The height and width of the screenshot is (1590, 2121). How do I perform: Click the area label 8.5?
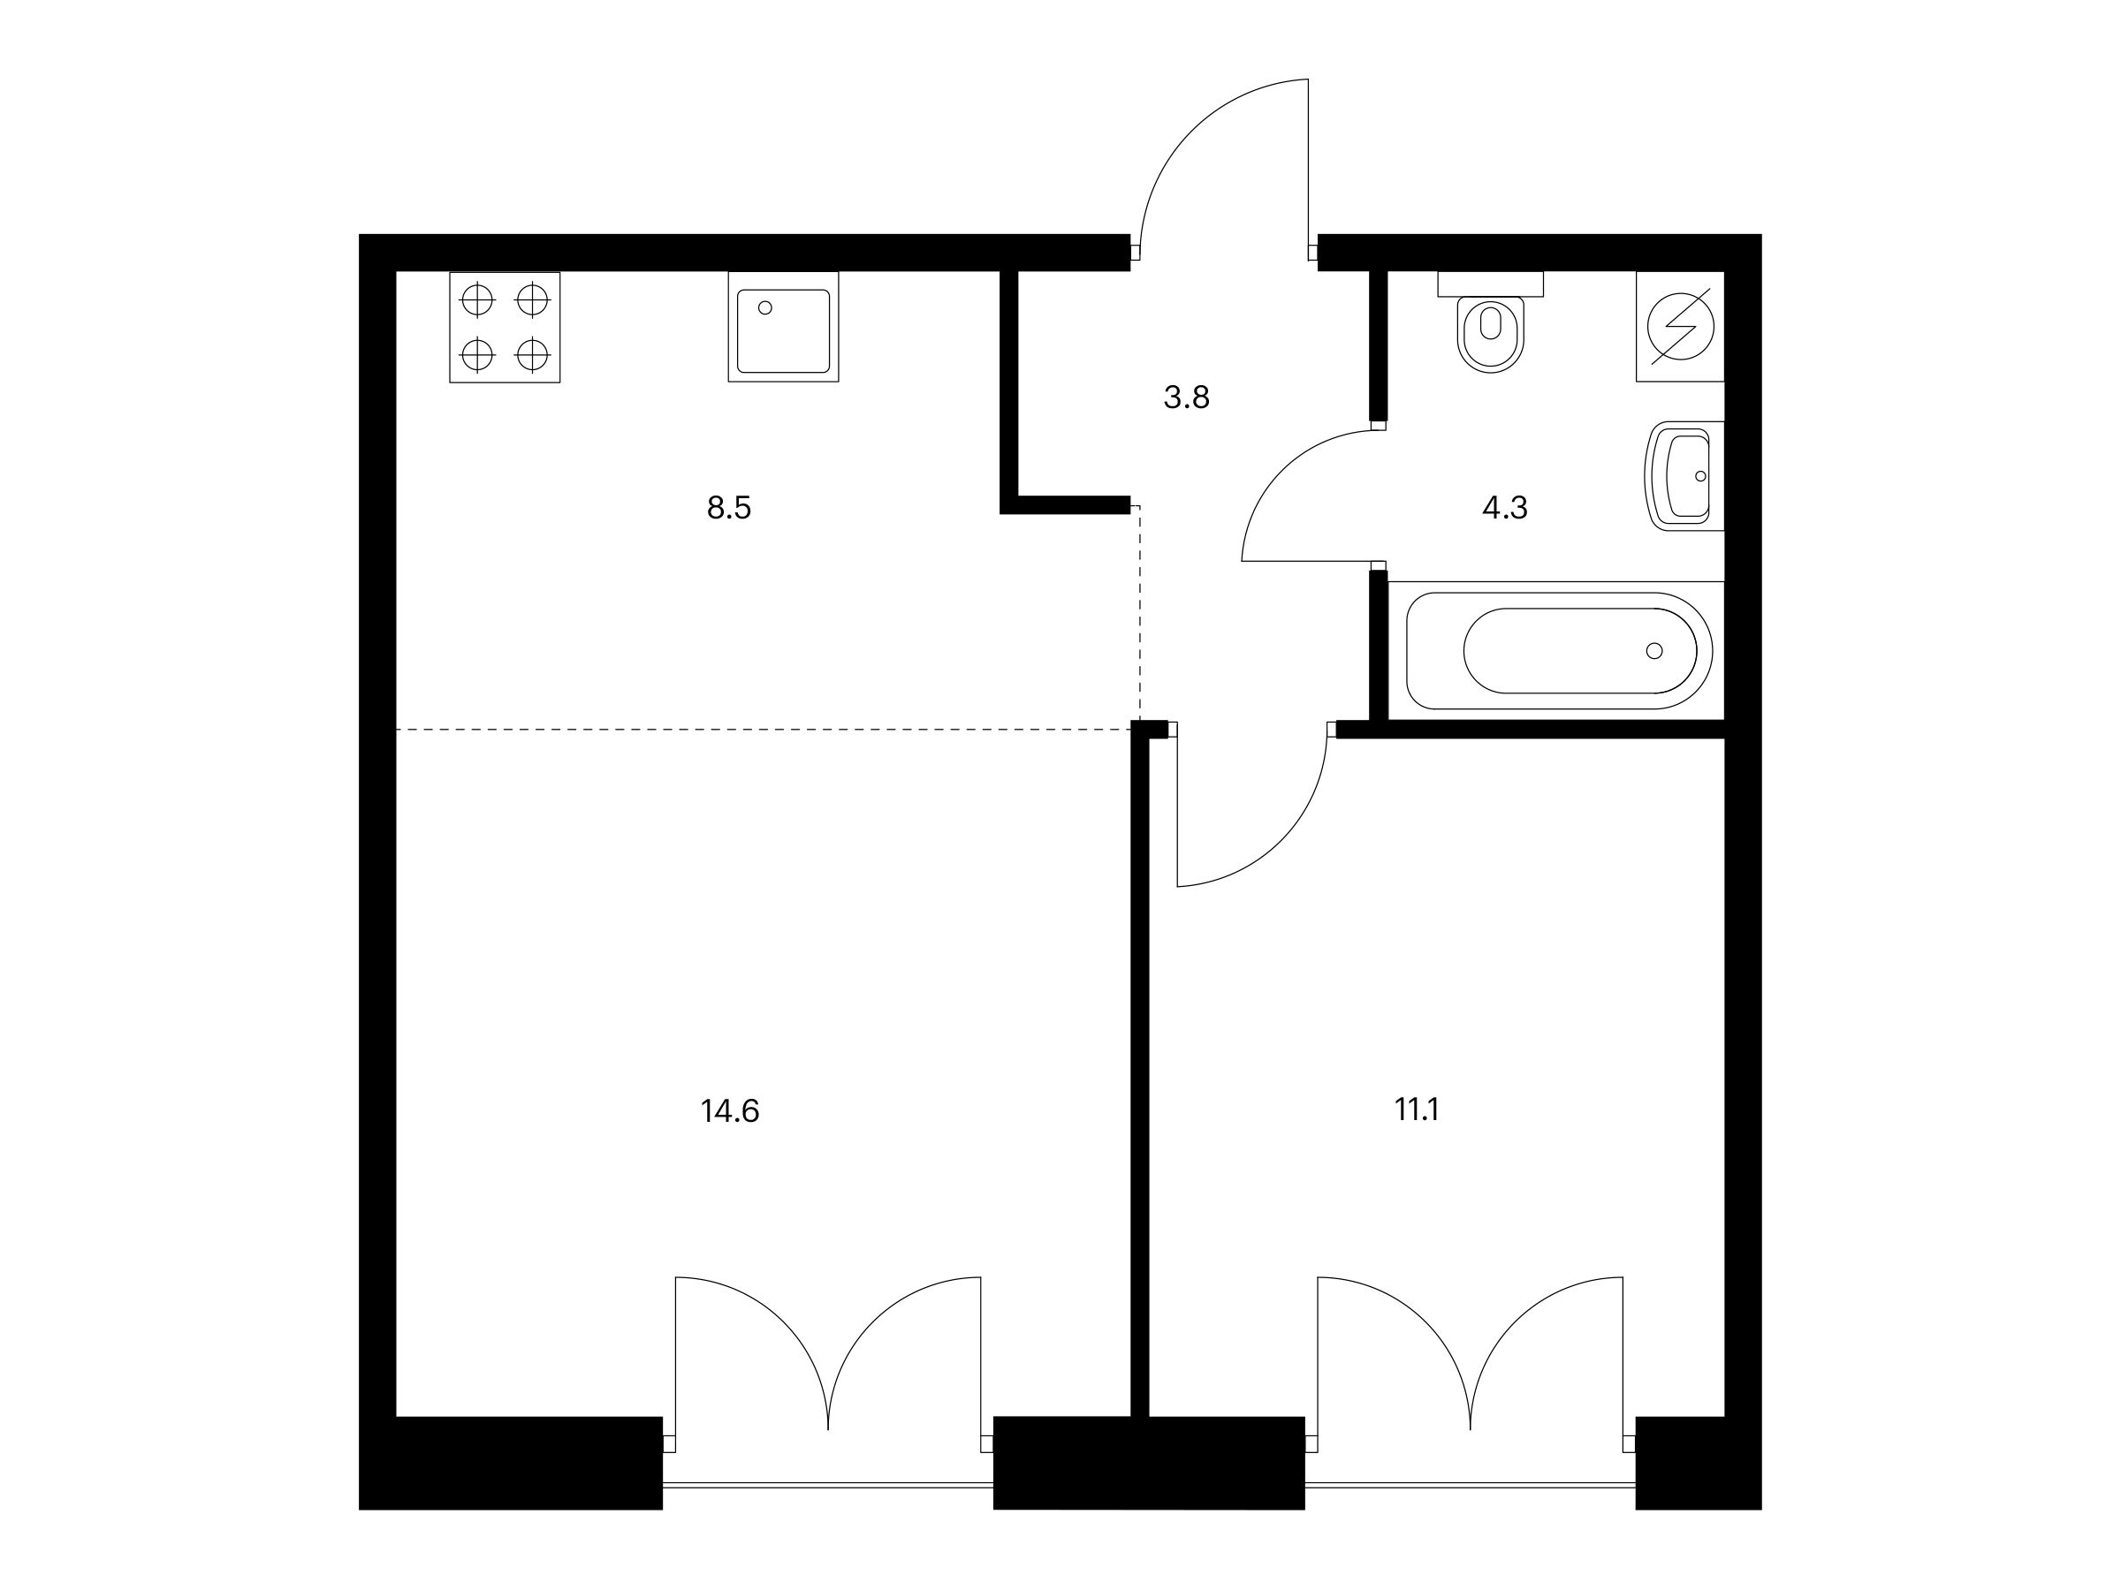click(x=729, y=508)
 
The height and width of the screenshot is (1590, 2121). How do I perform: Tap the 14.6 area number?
click(x=730, y=1111)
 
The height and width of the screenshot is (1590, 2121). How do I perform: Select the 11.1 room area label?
click(x=1417, y=1109)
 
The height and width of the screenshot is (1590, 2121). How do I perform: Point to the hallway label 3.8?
click(x=1186, y=397)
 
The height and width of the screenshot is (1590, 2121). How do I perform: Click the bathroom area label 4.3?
click(x=1504, y=508)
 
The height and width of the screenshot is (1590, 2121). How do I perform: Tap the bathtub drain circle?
click(x=1654, y=651)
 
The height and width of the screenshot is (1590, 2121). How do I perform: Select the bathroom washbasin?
click(x=1684, y=476)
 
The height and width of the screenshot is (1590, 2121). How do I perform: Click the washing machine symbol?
click(x=1680, y=327)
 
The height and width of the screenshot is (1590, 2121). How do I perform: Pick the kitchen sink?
click(x=783, y=327)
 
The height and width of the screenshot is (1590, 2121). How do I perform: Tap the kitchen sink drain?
click(x=765, y=307)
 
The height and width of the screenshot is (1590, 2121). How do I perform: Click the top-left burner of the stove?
click(x=477, y=301)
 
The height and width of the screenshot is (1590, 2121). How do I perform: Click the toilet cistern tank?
click(x=1490, y=284)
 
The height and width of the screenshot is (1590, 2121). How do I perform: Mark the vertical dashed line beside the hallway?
click(x=1139, y=613)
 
